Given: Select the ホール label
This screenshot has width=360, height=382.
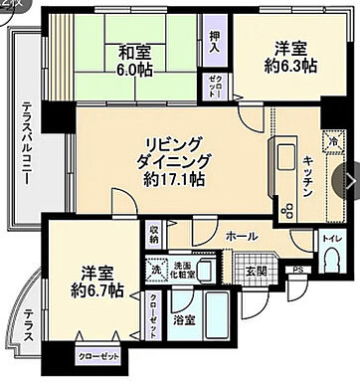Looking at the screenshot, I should [242, 236].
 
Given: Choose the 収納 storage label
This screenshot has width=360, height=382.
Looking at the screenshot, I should [154, 235].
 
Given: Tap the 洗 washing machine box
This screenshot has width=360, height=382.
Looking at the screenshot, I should [156, 267].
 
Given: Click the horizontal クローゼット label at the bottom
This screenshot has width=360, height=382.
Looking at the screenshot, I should [97, 356].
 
